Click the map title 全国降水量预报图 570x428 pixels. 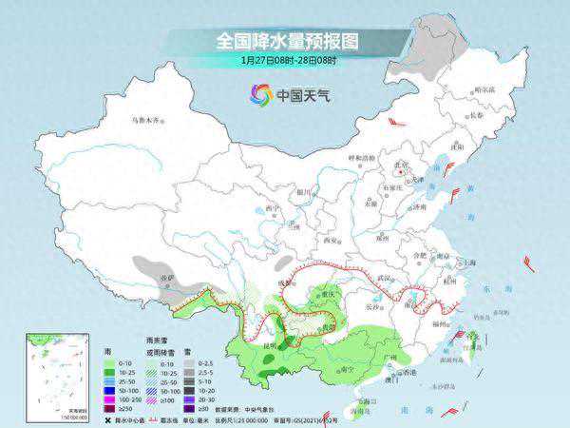pyautogui.click(x=284, y=42)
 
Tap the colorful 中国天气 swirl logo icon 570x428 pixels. pyautogui.click(x=261, y=94)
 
